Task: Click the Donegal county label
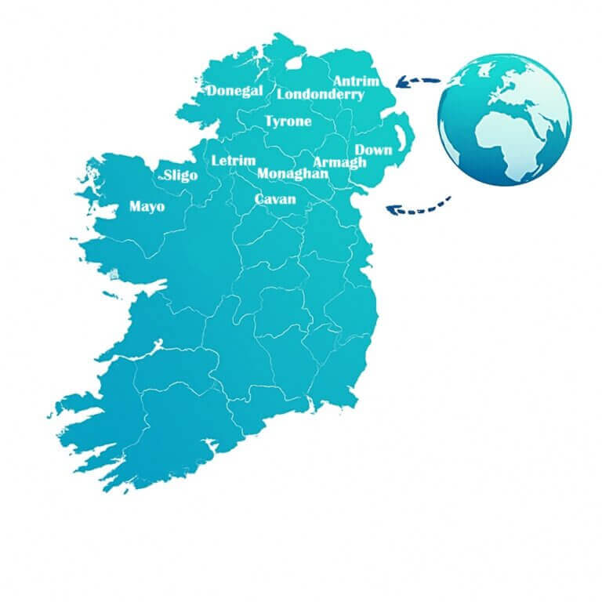234,91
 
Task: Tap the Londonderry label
321,95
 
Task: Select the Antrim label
356,82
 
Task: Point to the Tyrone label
288,121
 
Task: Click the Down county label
374,150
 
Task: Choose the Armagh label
339,162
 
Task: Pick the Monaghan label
292,173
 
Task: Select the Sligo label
180,176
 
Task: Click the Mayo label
147,207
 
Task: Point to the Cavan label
275,199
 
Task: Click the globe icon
504,119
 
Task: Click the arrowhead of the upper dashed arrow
401,80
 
